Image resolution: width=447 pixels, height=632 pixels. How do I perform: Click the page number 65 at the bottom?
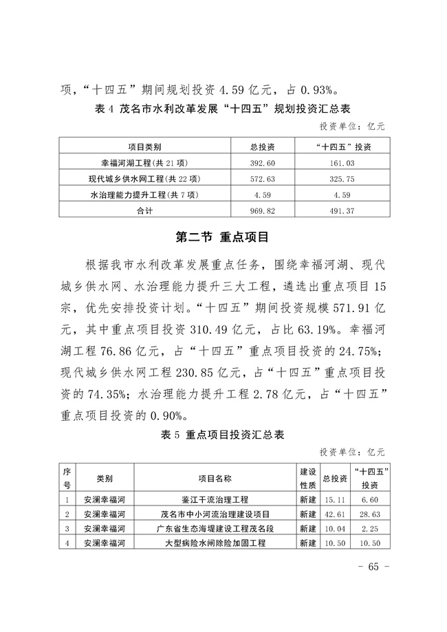click(x=373, y=567)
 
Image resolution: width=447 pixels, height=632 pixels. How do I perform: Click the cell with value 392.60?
click(x=262, y=163)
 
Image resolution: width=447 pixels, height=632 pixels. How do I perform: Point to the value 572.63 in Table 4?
click(x=262, y=179)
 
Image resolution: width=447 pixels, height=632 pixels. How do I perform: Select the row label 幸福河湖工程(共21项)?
click(x=144, y=163)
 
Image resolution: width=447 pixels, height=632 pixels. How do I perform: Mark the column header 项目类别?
click(x=144, y=146)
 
